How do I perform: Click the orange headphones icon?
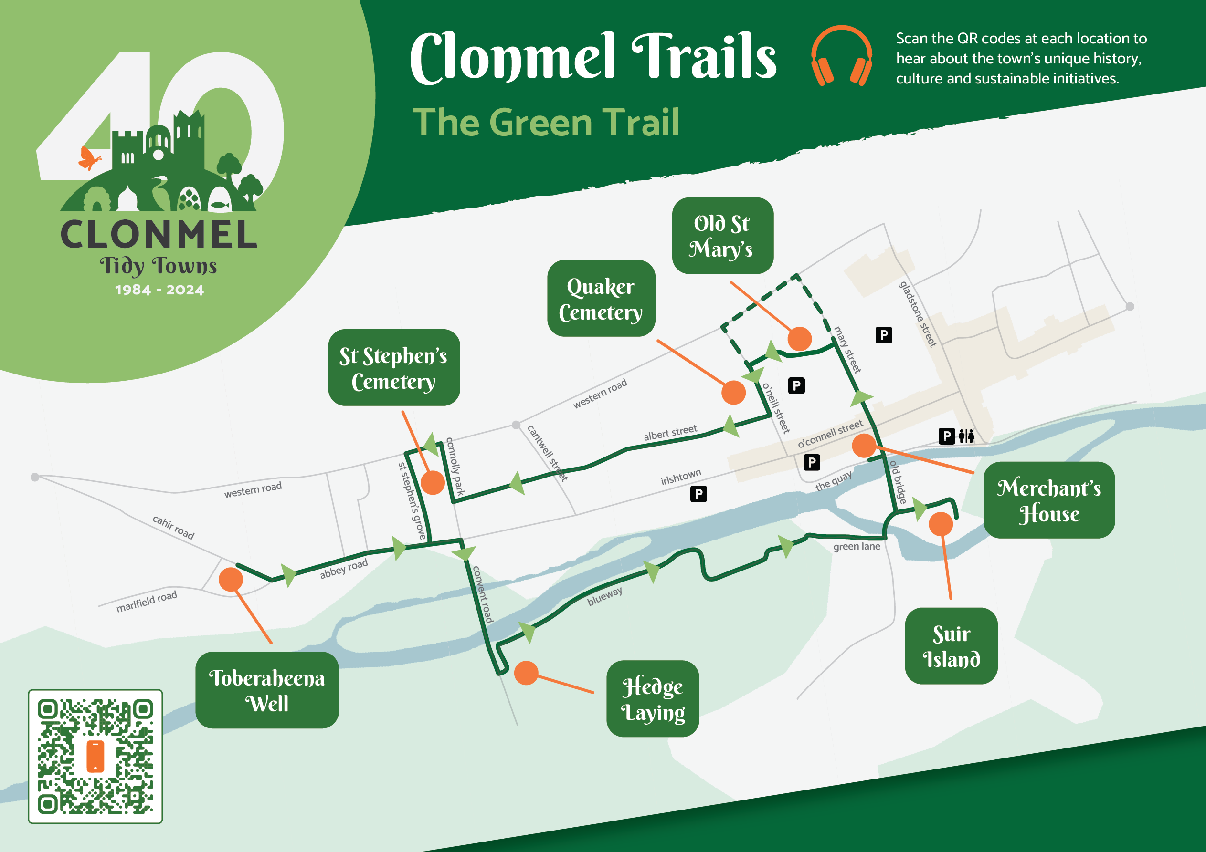click(841, 56)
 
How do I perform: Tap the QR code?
click(95, 756)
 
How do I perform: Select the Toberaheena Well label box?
click(267, 690)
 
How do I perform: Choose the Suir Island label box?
click(951, 646)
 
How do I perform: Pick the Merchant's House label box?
click(1048, 500)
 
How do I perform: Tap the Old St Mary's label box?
click(722, 236)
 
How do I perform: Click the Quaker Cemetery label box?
click(601, 298)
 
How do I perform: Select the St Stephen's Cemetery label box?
click(393, 367)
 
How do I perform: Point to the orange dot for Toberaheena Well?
click(231, 580)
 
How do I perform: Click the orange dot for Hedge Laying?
click(526, 673)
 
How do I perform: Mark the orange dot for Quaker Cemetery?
click(733, 393)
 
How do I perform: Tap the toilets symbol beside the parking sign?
click(966, 436)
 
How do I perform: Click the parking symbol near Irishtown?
click(698, 494)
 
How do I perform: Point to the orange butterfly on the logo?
click(88, 158)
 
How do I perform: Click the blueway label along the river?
click(604, 596)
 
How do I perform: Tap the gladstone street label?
click(917, 314)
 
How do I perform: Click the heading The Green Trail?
click(546, 122)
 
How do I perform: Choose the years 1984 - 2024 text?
click(159, 290)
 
